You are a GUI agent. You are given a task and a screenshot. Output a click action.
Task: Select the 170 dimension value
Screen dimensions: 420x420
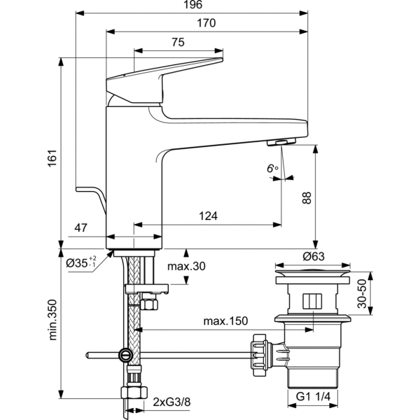pyautogui.click(x=206, y=24)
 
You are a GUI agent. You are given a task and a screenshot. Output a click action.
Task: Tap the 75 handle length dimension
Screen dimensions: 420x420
pyautogui.click(x=177, y=43)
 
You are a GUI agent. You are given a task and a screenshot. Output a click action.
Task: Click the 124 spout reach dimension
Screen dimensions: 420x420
pyautogui.click(x=208, y=216)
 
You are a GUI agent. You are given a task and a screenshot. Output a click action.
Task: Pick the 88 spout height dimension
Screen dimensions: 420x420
pyautogui.click(x=306, y=198)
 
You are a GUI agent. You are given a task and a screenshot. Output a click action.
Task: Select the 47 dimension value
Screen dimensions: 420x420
pyautogui.click(x=80, y=227)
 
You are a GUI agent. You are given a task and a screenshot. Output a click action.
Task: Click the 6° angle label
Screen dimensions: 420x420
pyautogui.click(x=272, y=168)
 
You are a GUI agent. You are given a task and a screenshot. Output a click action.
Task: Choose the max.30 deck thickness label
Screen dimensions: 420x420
pyautogui.click(x=185, y=267)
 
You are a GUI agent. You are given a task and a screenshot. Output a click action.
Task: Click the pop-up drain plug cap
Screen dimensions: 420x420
pyautogui.click(x=310, y=270)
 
